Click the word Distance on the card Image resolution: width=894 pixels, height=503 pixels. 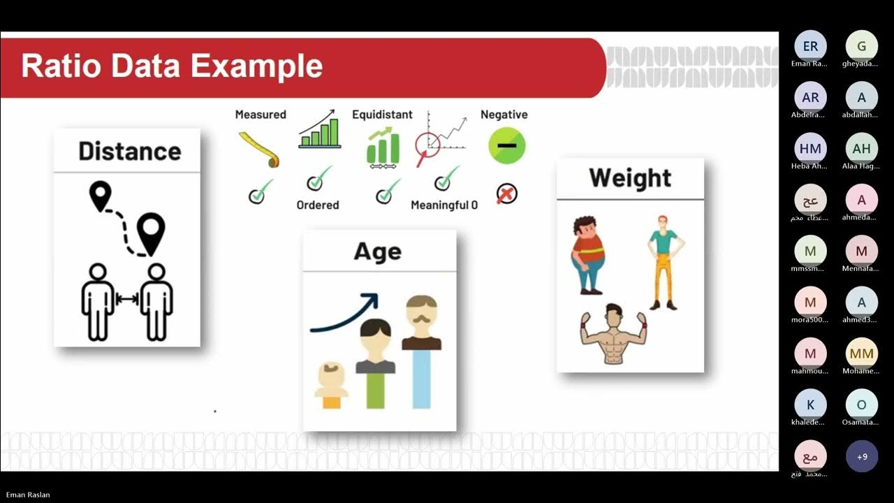(129, 151)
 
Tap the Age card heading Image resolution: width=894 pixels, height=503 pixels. (378, 251)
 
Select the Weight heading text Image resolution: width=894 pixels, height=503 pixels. (630, 178)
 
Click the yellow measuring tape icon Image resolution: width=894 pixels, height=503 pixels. (260, 150)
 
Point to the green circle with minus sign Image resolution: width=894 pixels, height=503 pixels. (506, 146)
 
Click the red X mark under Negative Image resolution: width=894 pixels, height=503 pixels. (506, 194)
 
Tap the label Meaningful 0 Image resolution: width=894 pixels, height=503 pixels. (444, 205)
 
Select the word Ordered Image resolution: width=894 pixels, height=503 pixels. (318, 205)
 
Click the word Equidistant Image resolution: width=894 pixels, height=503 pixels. (382, 115)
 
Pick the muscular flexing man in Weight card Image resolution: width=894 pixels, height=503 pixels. (612, 333)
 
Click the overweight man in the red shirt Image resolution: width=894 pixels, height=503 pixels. (588, 254)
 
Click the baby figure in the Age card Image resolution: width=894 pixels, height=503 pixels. (331, 385)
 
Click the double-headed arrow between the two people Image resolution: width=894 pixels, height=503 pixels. (127, 299)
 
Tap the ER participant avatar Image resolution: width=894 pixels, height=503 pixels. (810, 47)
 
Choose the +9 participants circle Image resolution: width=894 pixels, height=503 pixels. (862, 457)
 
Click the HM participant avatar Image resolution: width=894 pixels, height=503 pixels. (810, 149)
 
